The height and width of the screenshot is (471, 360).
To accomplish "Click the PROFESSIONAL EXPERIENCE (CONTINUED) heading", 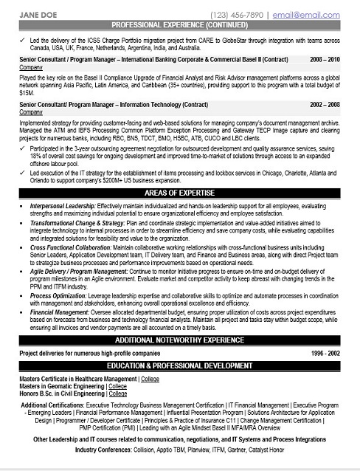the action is (179, 24).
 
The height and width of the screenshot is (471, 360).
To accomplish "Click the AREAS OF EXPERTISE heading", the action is (179, 191).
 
